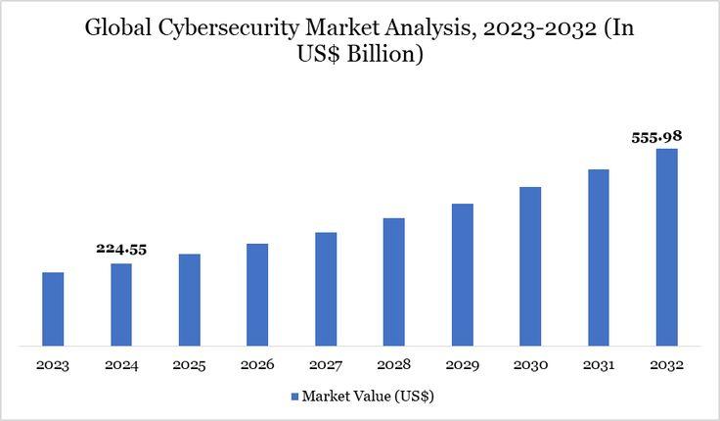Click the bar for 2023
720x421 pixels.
click(53, 308)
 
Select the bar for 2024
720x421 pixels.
click(121, 304)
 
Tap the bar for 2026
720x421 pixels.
click(257, 294)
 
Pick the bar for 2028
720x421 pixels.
click(394, 281)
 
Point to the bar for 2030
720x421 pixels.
click(530, 265)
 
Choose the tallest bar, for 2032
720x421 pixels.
click(667, 247)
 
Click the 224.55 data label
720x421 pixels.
click(121, 249)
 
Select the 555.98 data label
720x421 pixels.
click(655, 137)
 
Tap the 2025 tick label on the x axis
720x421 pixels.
click(189, 365)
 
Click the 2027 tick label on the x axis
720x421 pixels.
click(326, 365)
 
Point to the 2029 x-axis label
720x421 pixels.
click(462, 365)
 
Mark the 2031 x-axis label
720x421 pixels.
click(599, 365)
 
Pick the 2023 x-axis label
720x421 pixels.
click(53, 365)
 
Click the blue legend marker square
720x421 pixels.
click(293, 398)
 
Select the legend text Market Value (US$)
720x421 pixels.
click(368, 398)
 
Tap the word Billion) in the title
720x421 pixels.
click(388, 56)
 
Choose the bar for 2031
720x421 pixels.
click(599, 257)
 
